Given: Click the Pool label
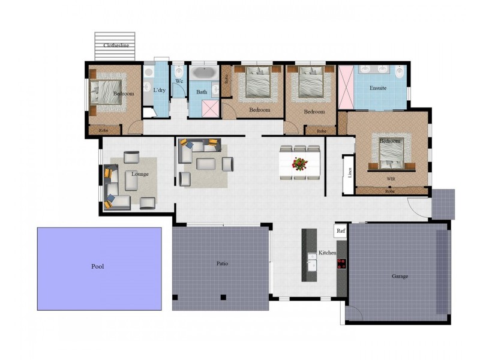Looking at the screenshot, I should coord(97,266).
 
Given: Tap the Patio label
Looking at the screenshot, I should coord(222,263).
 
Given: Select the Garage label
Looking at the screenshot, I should coord(400,276).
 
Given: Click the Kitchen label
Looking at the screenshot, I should coord(328,253).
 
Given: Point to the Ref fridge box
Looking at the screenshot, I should coord(341,230).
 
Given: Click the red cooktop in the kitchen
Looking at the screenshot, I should coord(342,263).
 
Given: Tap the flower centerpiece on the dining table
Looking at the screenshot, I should coord(300,163).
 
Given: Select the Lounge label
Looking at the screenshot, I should coord(140,174).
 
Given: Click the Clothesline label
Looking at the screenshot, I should coord(116,45).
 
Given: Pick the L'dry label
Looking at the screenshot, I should coord(159,90).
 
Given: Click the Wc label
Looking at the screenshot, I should coord(179,81).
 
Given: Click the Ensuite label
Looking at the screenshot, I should coord(378,88).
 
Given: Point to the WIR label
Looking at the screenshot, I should coord(390,179).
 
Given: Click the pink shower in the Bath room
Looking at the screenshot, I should coord(209,108).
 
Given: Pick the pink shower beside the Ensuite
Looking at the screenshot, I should coord(346,88).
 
